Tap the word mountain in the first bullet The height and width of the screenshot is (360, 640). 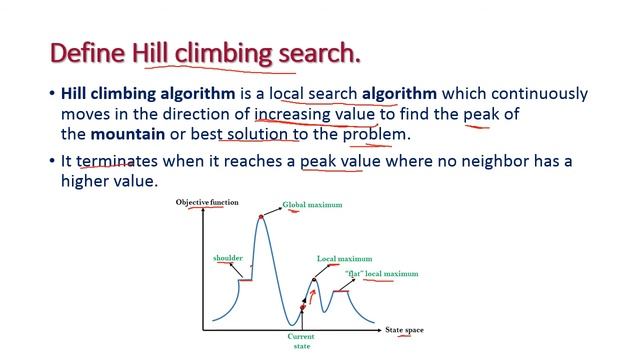point(132,133)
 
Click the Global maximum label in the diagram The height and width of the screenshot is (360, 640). point(312,205)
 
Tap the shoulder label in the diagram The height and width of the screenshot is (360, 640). point(228,259)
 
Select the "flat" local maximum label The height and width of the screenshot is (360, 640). point(381,274)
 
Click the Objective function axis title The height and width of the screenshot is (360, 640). point(207,203)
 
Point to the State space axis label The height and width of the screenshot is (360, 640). point(405,329)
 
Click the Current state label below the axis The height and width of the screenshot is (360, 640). point(300,342)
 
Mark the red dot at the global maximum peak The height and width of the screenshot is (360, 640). point(262,216)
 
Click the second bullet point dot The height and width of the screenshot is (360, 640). point(52,162)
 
